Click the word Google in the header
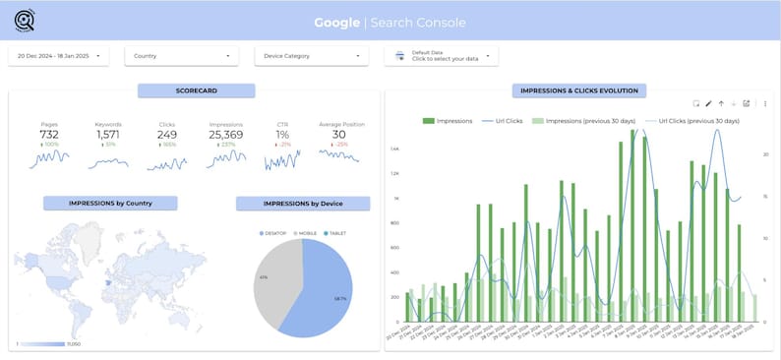336,23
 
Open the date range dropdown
58,56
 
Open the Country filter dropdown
183,56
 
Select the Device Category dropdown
313,56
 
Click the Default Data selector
442,57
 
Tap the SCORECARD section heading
196,90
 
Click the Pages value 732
49,135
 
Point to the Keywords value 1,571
108,135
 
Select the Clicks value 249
167,135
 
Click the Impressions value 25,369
226,135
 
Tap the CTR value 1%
282,135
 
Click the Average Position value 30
339,135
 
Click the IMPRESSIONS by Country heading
110,204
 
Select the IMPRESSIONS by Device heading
303,204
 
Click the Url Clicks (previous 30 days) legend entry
697,121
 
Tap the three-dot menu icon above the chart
765,103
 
